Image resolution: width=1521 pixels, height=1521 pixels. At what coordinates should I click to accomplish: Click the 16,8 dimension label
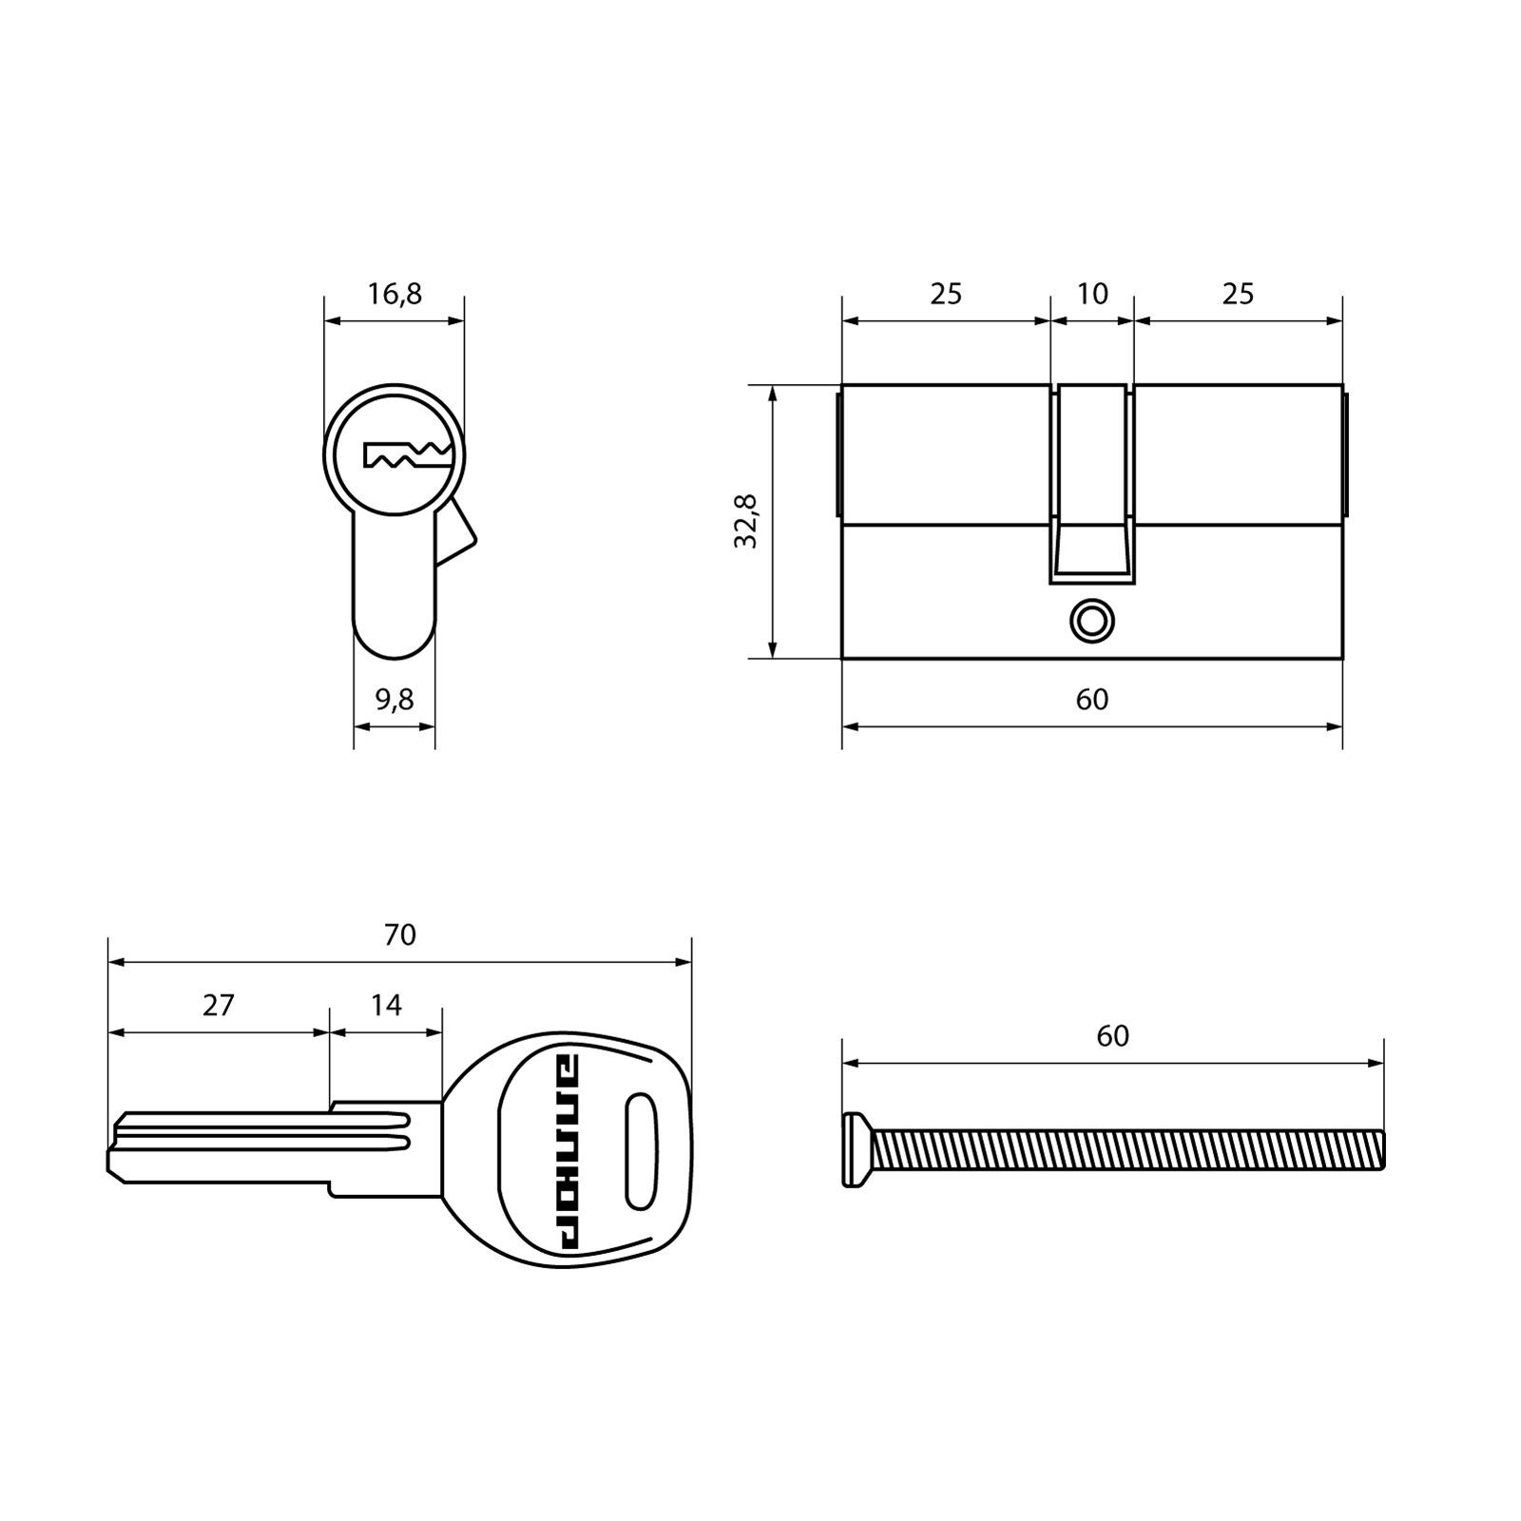(x=395, y=295)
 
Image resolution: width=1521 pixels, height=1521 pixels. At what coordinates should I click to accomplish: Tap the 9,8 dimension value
(x=395, y=700)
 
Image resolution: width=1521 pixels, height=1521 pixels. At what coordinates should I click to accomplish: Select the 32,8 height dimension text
(x=746, y=521)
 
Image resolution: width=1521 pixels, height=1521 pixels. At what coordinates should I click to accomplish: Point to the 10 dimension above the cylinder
(x=1092, y=294)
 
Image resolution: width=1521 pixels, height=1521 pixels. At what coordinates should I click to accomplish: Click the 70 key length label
(x=400, y=935)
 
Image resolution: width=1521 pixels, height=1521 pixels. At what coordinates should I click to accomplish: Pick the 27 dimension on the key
(x=219, y=1005)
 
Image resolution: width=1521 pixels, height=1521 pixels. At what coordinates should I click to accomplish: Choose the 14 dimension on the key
(x=386, y=1005)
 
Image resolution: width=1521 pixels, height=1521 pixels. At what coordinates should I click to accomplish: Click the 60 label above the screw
(x=1113, y=1035)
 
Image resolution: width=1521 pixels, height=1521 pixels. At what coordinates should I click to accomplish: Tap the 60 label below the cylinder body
(x=1092, y=700)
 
